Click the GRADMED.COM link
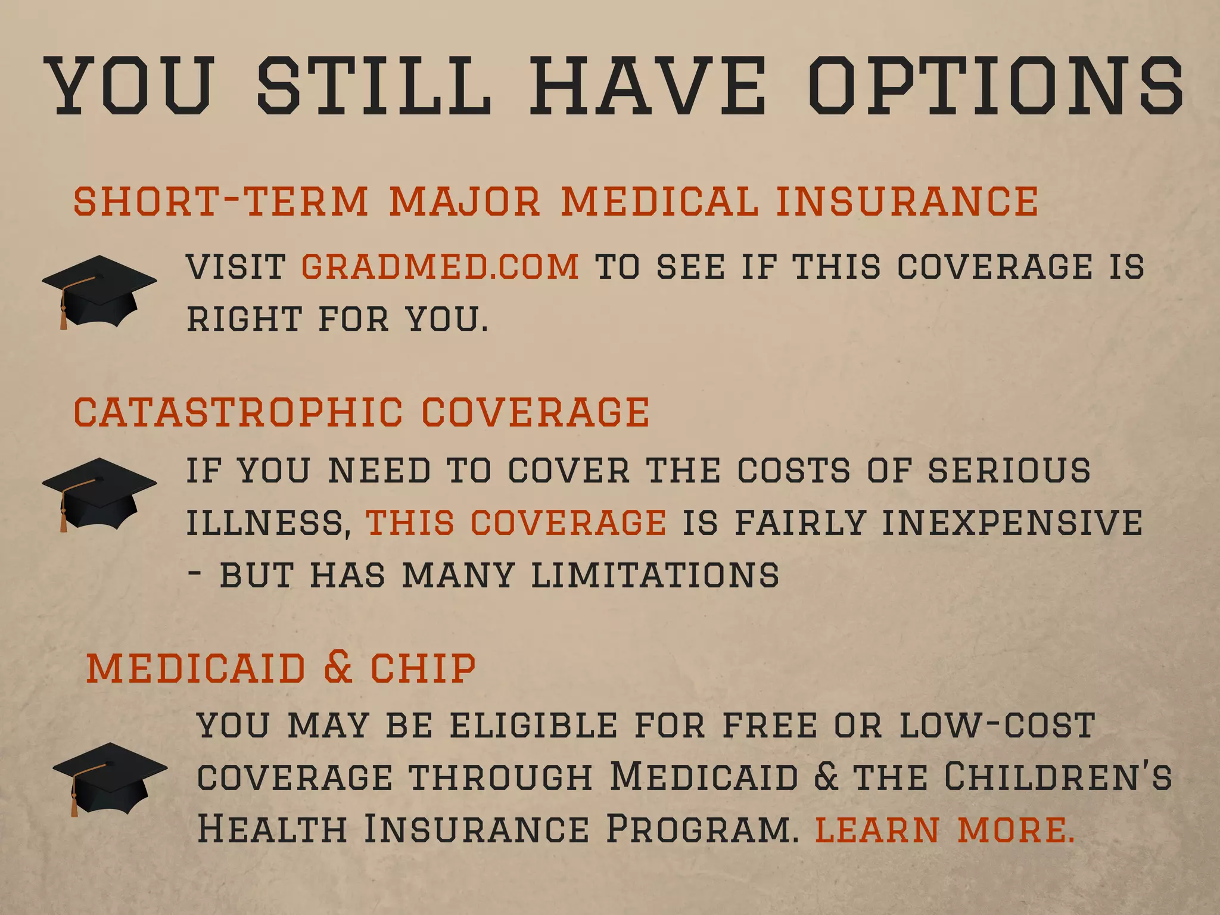[440, 266]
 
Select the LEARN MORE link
[944, 829]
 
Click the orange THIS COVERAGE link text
[516, 522]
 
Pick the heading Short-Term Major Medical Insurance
[555, 201]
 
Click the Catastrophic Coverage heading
[361, 412]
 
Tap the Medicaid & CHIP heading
[281, 668]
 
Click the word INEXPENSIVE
[1012, 522]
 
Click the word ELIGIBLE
[534, 726]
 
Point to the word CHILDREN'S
[1058, 777]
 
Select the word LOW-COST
[997, 726]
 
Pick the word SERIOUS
[1009, 471]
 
